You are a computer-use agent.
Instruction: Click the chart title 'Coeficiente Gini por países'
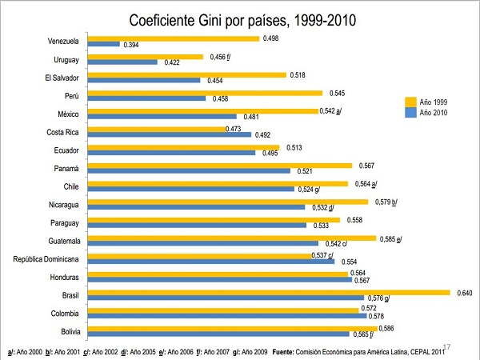point(239,19)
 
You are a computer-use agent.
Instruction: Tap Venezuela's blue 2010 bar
point(103,44)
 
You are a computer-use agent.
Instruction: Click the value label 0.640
point(465,293)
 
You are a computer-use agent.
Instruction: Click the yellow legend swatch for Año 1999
point(410,101)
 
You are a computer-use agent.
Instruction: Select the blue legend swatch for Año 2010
point(410,112)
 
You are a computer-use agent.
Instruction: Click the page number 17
point(446,346)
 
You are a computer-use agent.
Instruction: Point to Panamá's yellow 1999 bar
point(219,166)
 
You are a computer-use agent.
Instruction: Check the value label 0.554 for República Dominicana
point(349,262)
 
